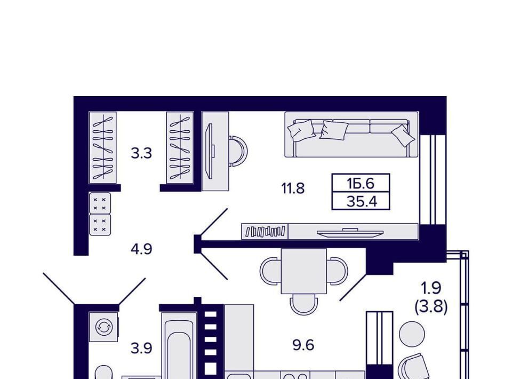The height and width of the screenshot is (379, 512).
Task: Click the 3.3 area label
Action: point(141,153)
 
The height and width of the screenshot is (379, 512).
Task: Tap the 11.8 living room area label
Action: point(293,188)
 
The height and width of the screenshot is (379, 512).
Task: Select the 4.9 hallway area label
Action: point(141,249)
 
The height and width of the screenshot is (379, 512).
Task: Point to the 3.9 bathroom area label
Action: point(141,349)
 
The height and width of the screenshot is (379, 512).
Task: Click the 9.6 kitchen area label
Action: point(303,345)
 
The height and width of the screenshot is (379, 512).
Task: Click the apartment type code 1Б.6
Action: point(361,184)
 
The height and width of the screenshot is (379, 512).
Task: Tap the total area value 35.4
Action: point(362,202)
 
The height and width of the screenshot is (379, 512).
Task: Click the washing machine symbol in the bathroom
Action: point(104,327)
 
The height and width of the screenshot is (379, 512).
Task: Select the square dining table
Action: point(304,271)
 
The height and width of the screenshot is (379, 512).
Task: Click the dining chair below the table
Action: point(303,304)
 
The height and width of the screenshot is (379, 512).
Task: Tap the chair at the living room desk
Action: point(238,151)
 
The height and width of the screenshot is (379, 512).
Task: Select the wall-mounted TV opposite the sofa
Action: point(350,232)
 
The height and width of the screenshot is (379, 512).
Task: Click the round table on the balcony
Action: point(412,334)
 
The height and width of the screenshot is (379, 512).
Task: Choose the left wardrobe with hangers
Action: point(102,148)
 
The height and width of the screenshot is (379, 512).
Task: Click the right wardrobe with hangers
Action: point(180,148)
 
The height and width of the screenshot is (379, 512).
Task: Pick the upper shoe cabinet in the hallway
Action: point(100,203)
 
